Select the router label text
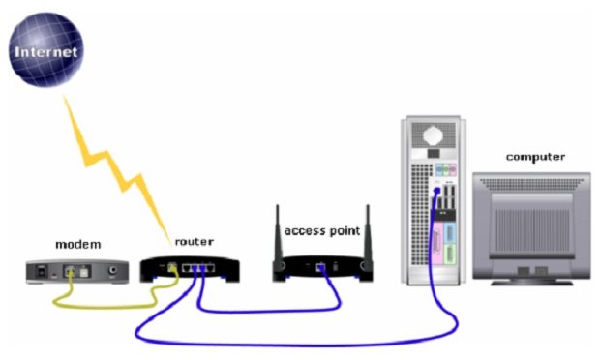tap(194, 241)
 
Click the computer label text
tap(535, 157)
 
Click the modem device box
tap(77, 271)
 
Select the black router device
tap(190, 268)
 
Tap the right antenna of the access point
tap(368, 232)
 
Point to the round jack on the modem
tap(115, 272)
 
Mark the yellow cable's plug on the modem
tap(72, 274)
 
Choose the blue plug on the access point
tap(320, 267)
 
